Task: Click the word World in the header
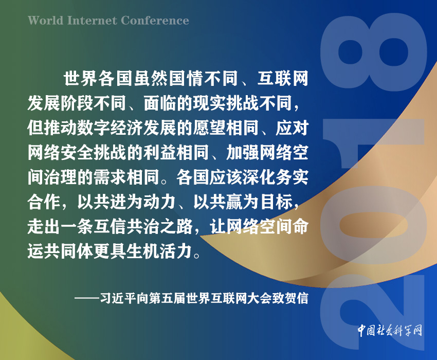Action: [45, 21]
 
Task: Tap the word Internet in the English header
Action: [92, 21]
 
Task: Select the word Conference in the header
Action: [155, 21]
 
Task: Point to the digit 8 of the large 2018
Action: [373, 53]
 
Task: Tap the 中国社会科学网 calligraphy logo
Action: [390, 331]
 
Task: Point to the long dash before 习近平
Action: [87, 298]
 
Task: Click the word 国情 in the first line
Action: [186, 78]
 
